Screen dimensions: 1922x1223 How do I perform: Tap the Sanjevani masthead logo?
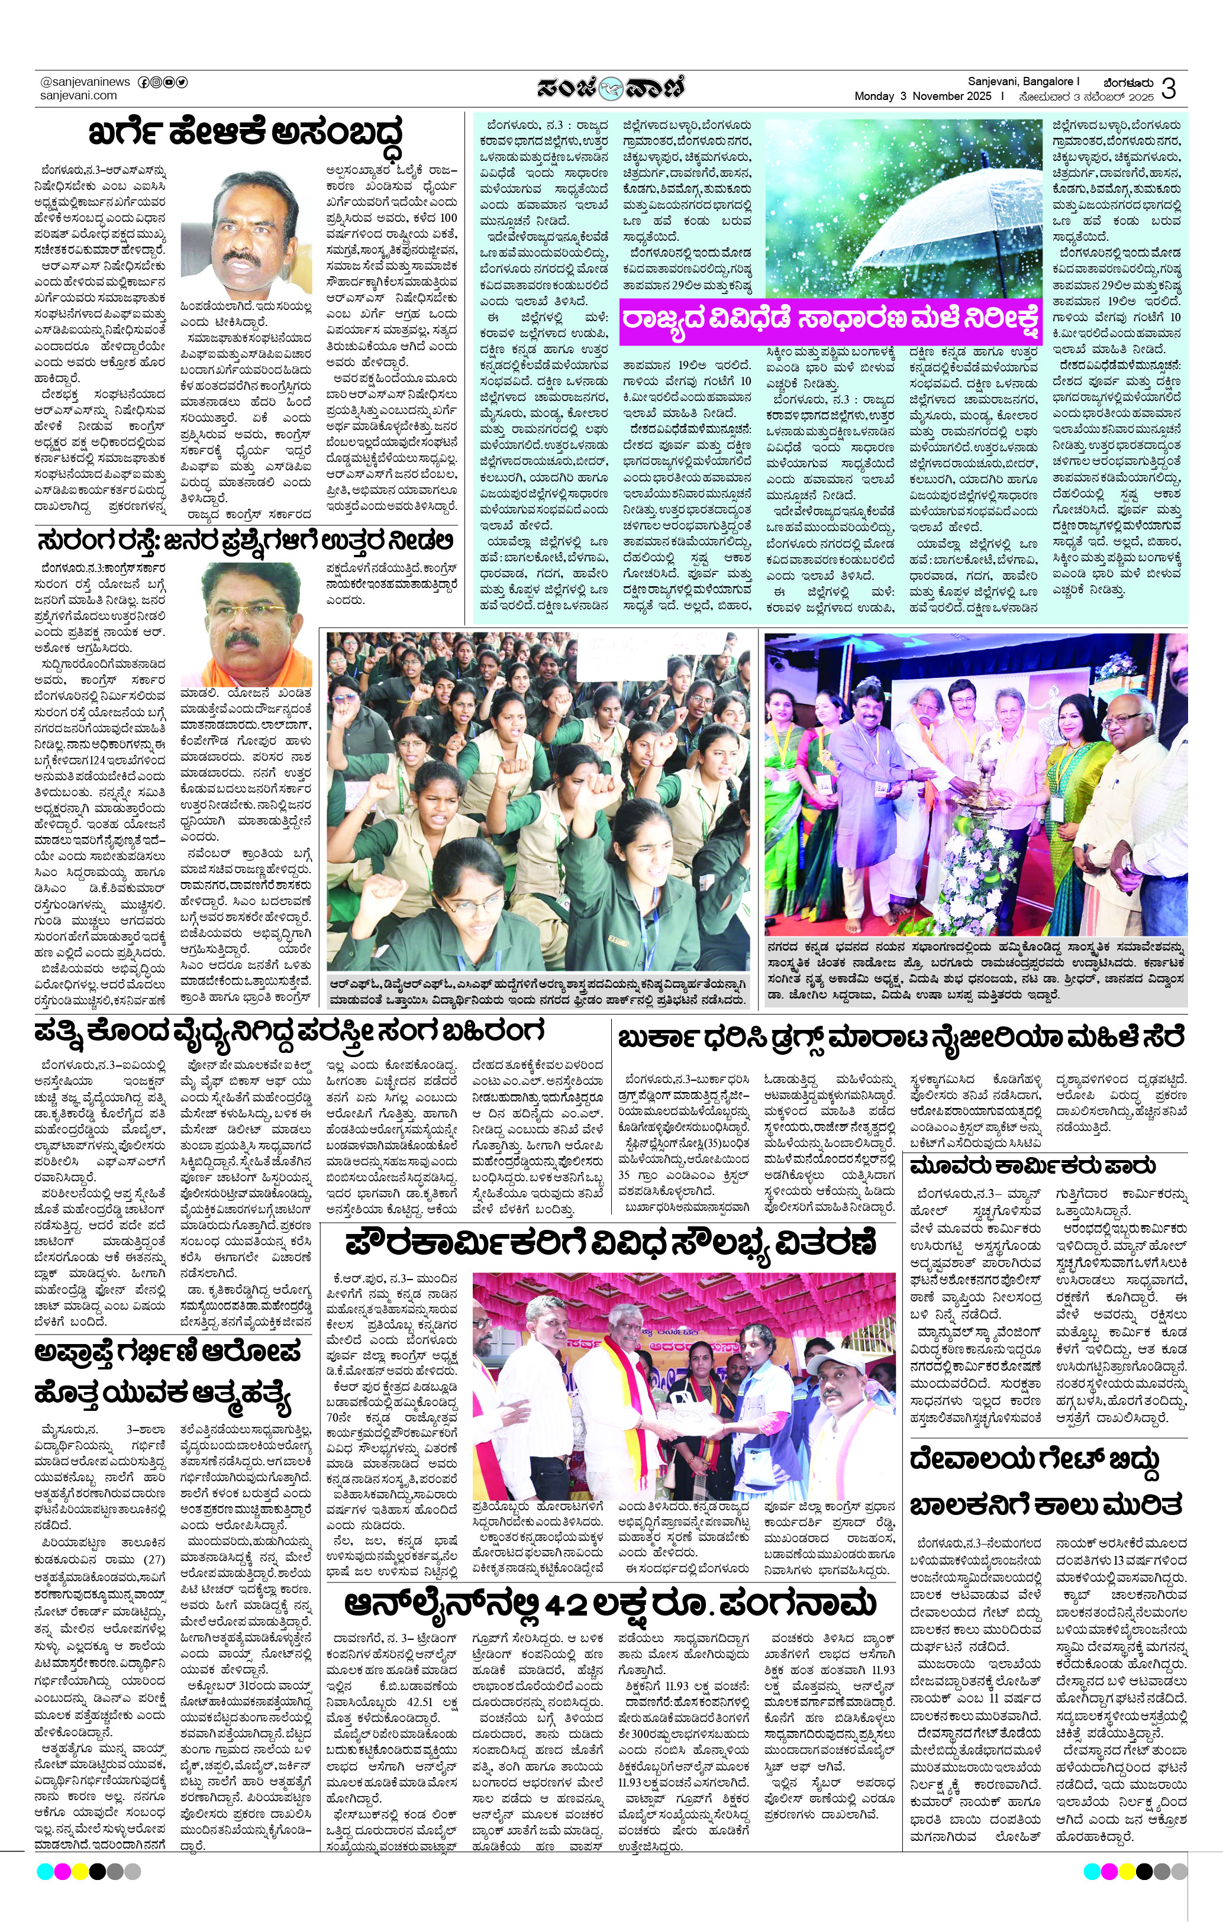(611, 87)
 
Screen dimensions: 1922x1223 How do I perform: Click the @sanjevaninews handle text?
(85, 82)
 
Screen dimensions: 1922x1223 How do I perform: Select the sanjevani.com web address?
(78, 96)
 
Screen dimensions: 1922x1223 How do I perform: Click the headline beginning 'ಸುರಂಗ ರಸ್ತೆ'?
(246, 542)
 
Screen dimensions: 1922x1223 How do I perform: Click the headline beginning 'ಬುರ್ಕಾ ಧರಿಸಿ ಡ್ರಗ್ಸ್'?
(901, 1038)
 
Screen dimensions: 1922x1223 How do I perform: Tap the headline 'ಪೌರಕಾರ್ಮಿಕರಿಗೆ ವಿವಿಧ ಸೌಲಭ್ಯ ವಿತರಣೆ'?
(611, 1243)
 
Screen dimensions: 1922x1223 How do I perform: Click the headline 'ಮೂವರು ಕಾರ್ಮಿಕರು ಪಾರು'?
(1033, 1165)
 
